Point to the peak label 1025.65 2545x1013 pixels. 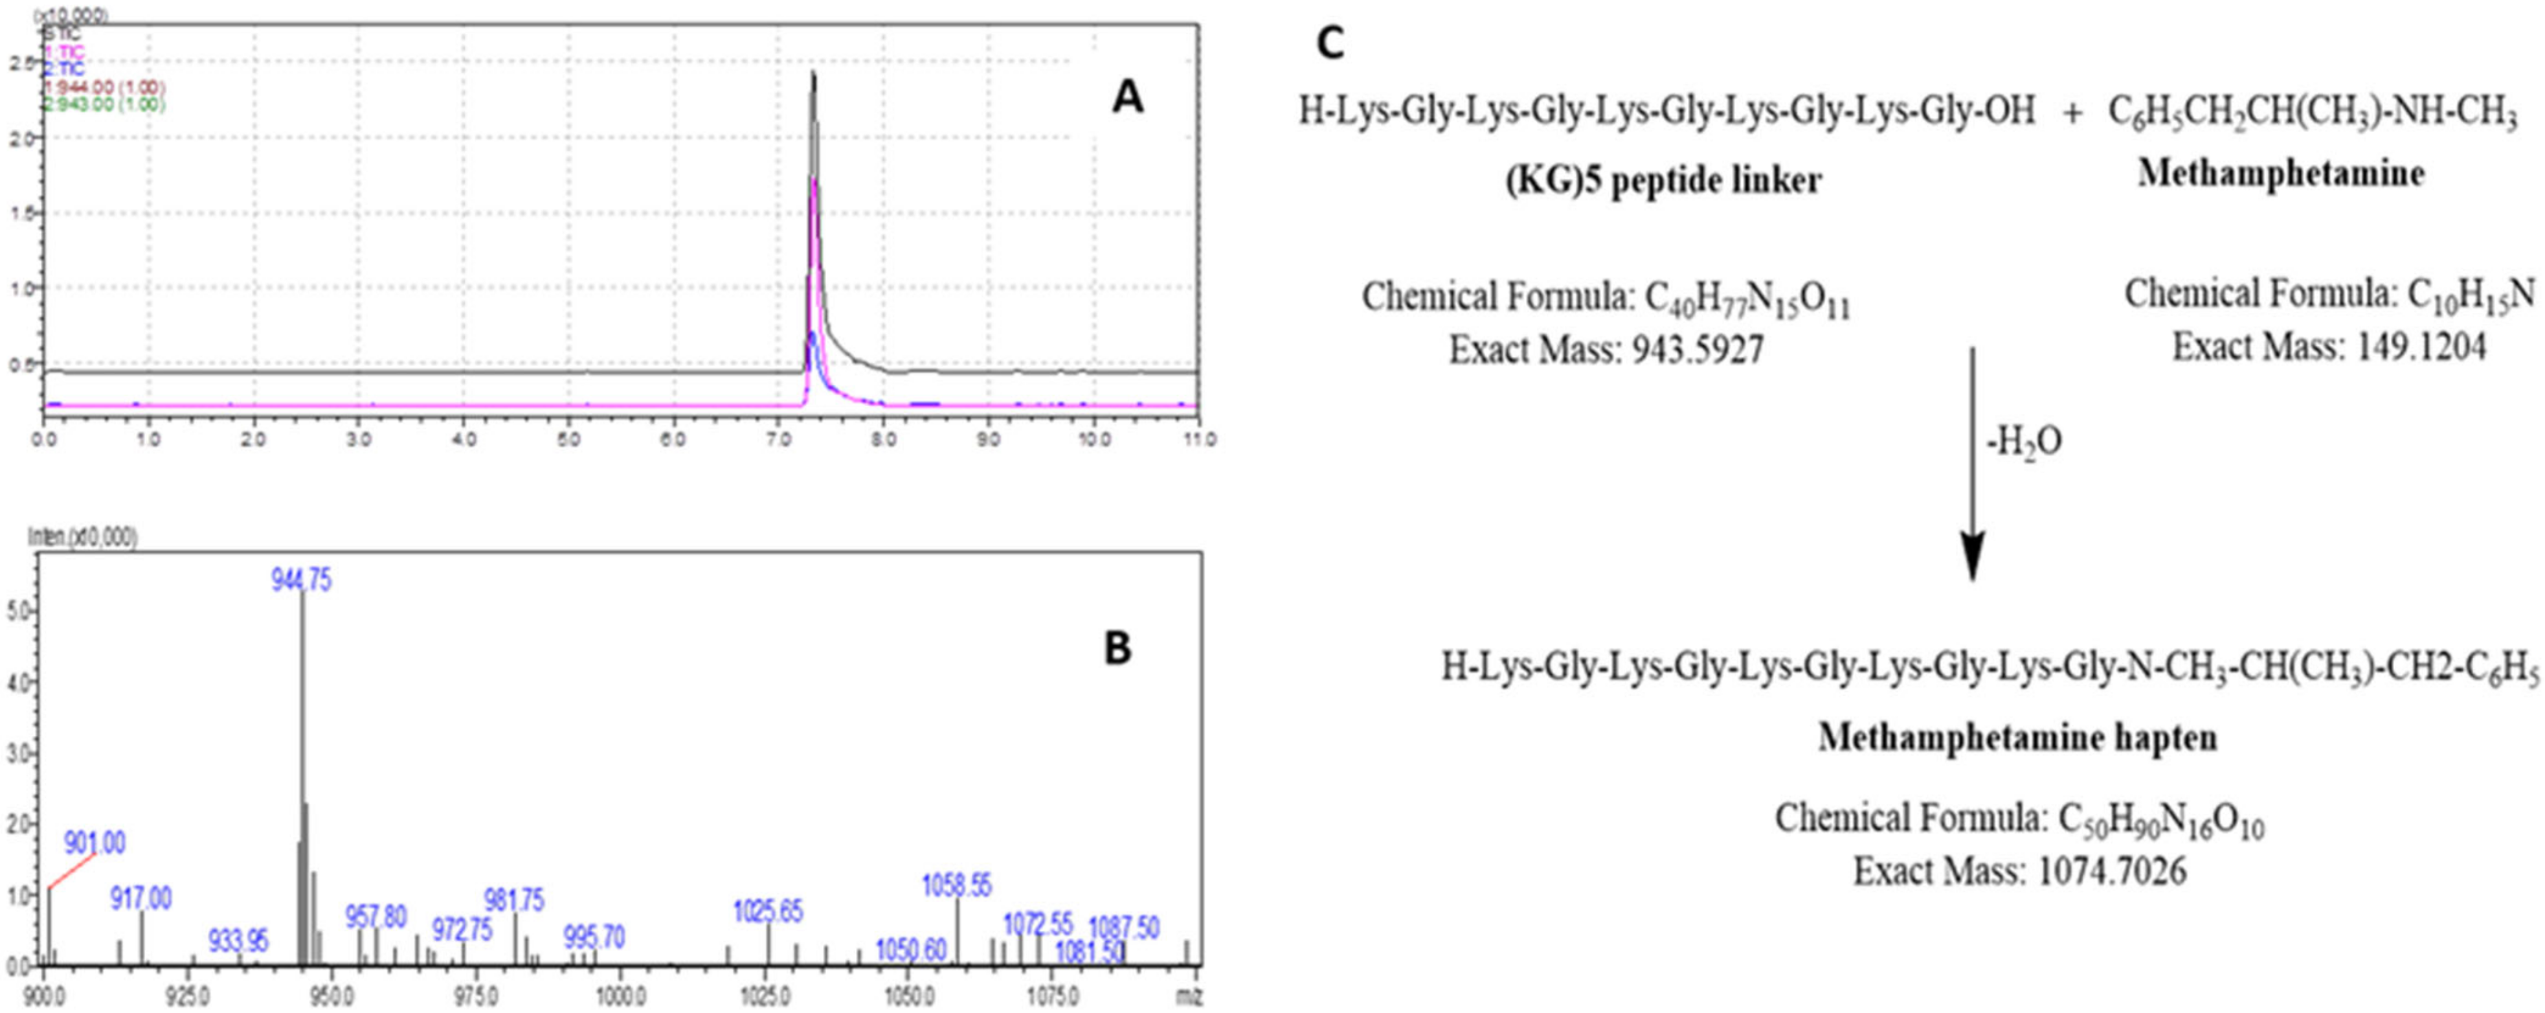768,911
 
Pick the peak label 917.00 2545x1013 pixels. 140,898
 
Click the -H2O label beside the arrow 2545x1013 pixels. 2023,442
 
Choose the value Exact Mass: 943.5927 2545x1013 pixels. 1606,350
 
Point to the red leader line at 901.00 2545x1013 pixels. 71,871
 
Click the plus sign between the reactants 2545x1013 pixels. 2072,113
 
